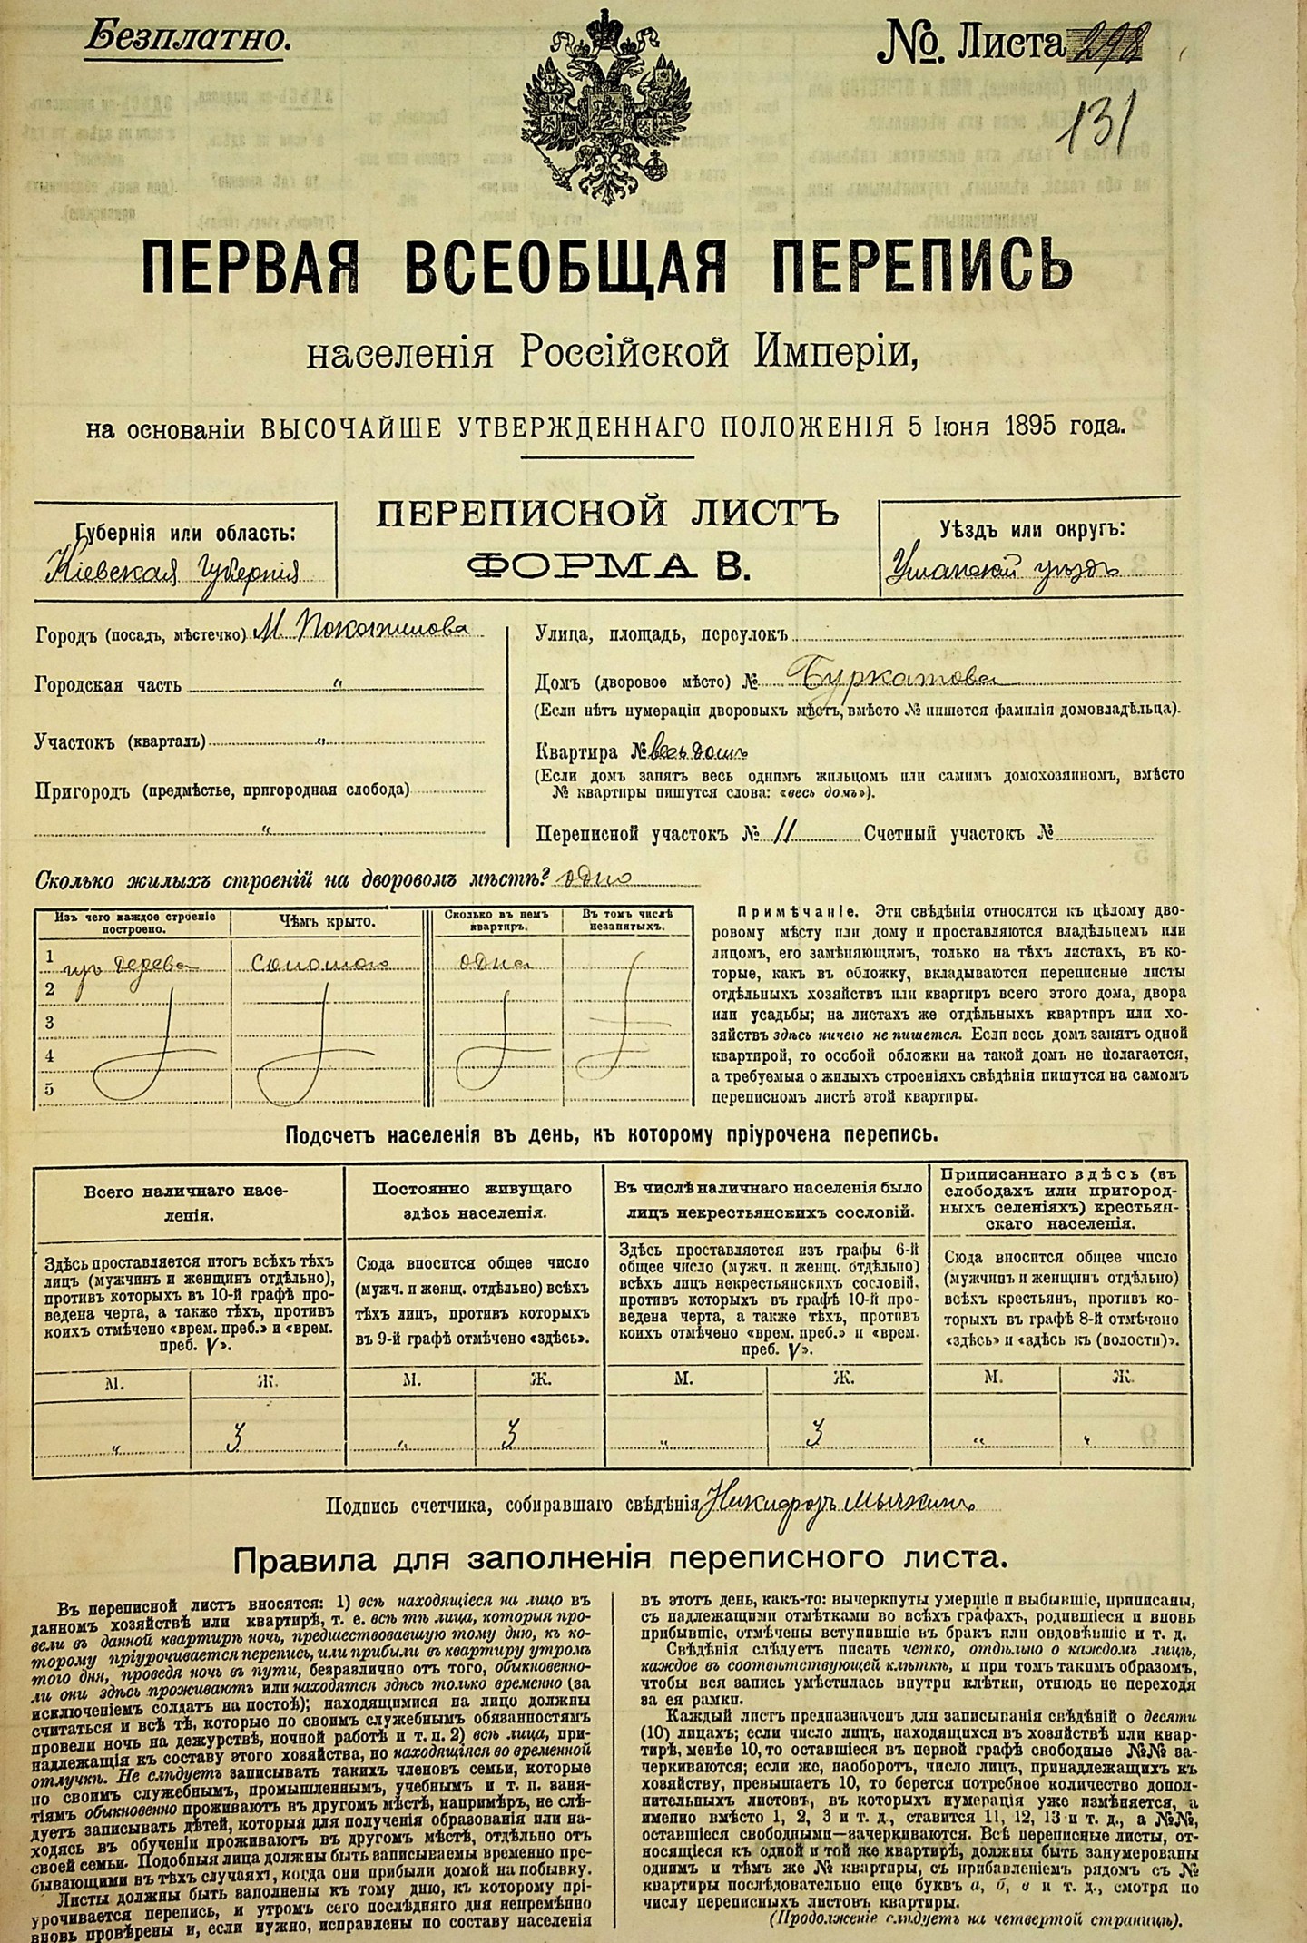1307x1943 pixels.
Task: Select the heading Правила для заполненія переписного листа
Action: point(621,1560)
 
